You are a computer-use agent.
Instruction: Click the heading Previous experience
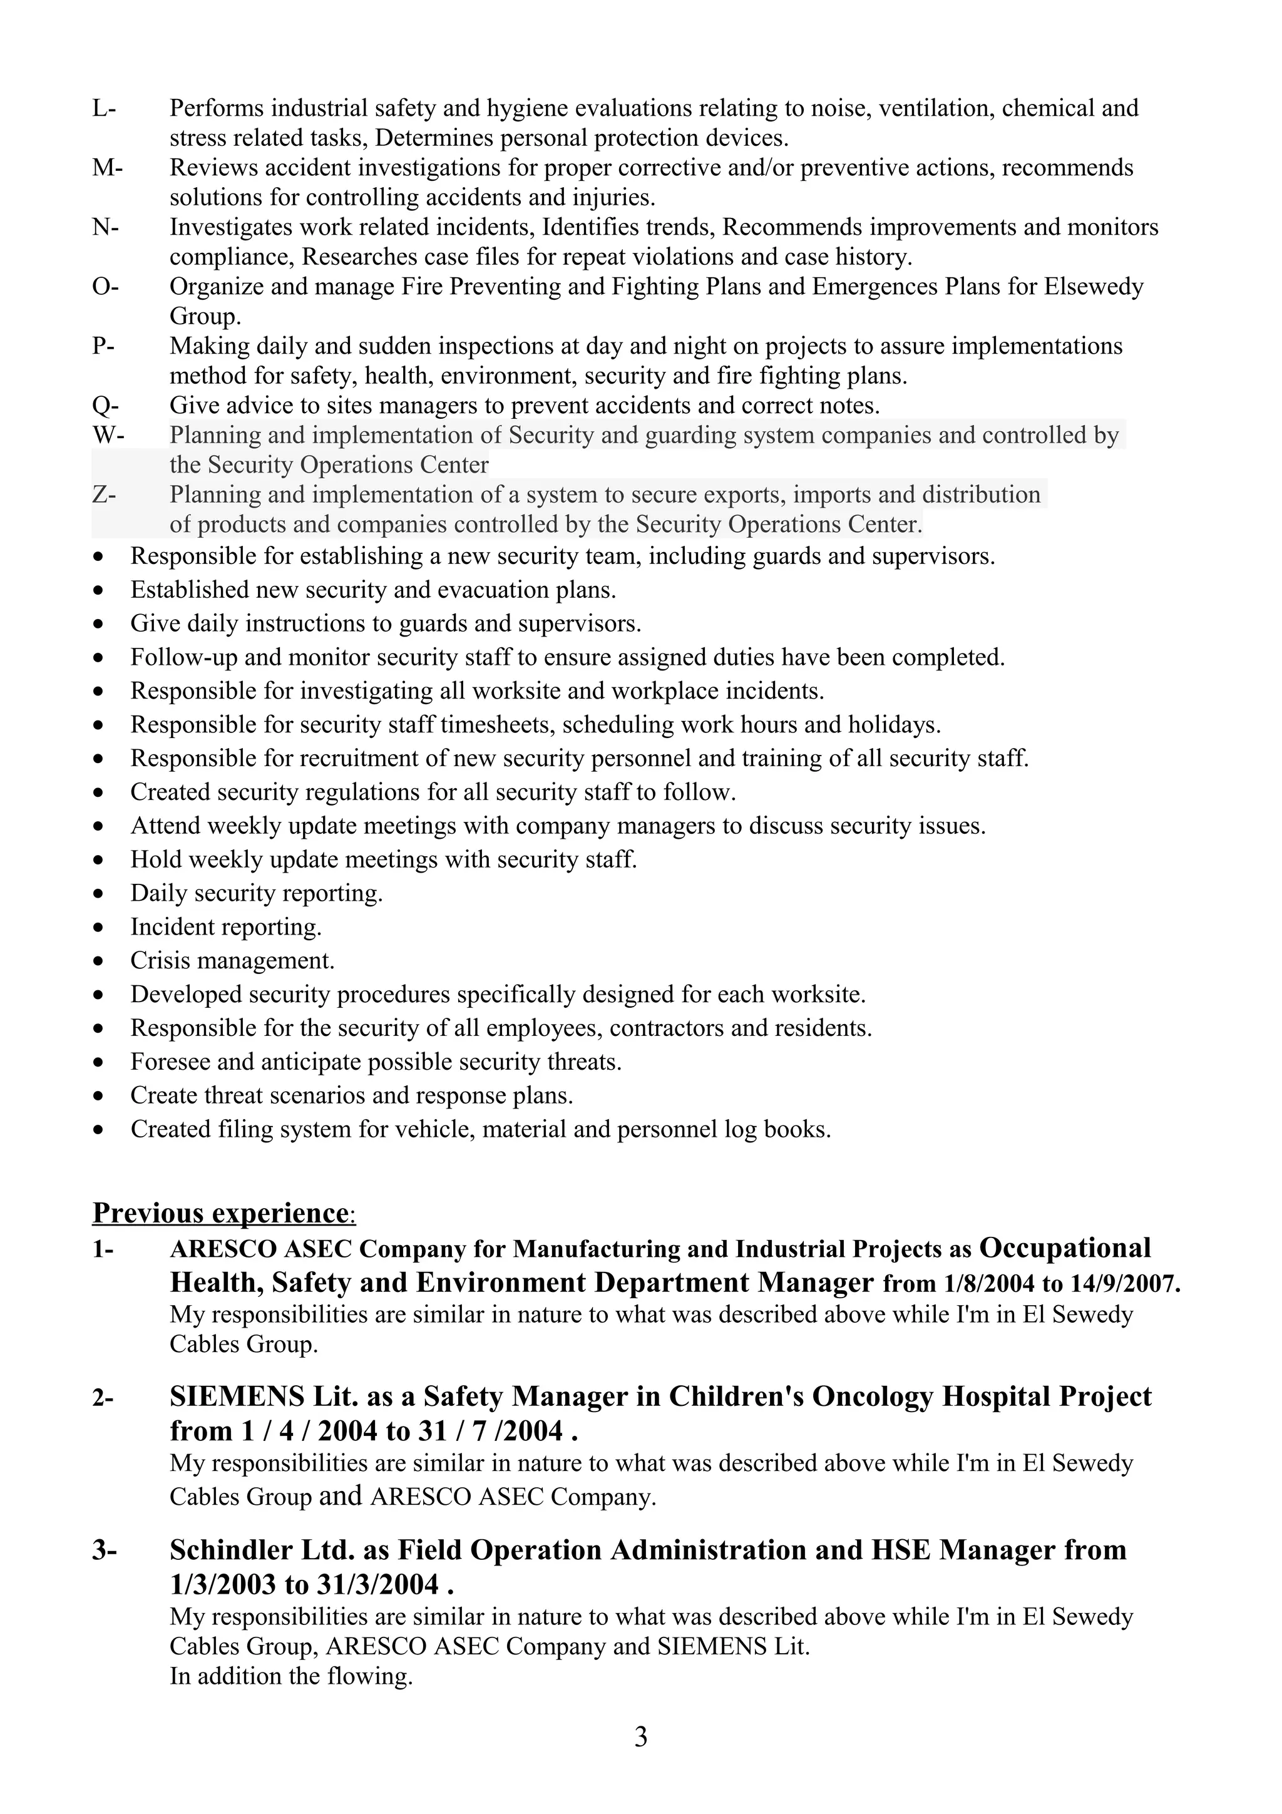point(220,1211)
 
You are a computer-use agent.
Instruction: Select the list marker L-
point(103,108)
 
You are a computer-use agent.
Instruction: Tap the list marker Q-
point(105,406)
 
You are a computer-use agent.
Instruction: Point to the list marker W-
point(108,434)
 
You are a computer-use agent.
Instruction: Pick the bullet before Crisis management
point(98,961)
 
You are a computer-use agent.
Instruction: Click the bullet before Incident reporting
point(98,928)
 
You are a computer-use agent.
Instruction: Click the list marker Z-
point(103,494)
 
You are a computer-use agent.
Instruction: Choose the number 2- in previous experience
point(103,1398)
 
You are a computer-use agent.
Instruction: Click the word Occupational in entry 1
point(1064,1248)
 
